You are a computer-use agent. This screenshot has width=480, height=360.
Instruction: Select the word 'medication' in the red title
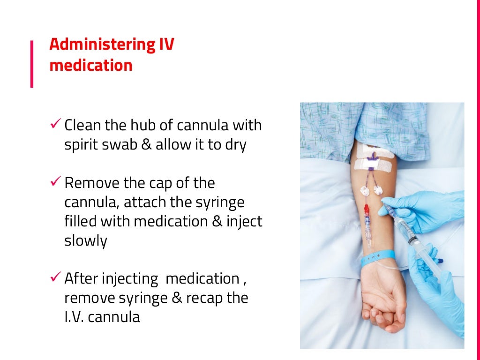(91, 65)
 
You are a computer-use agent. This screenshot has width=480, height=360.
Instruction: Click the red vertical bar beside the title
(32, 64)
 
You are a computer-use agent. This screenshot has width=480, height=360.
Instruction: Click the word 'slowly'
(85, 241)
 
